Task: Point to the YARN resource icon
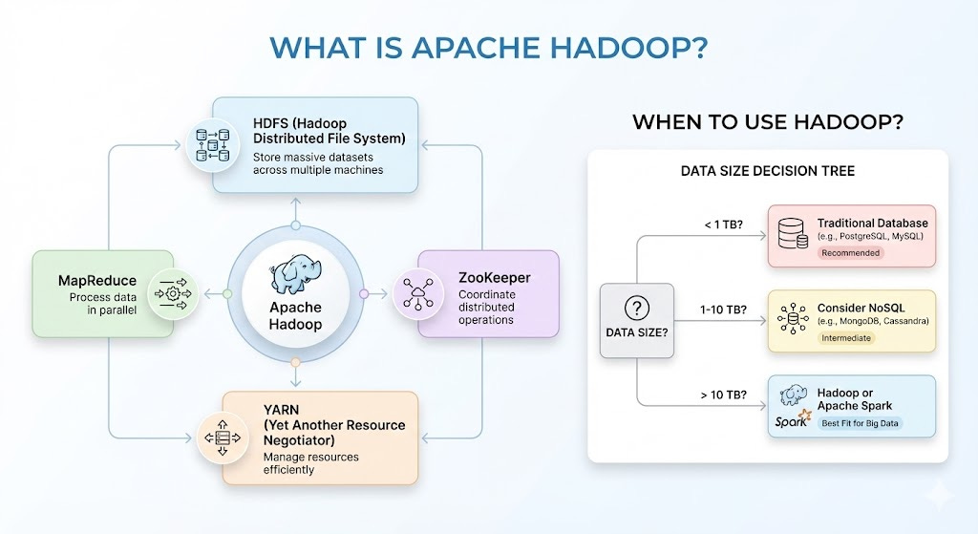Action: click(223, 438)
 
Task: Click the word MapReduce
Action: click(97, 281)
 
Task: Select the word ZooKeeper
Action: click(495, 278)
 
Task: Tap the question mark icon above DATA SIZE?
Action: click(636, 309)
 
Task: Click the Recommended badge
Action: click(850, 253)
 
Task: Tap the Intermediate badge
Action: click(846, 338)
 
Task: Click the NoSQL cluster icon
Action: click(793, 319)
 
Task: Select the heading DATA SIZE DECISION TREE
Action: click(767, 172)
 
